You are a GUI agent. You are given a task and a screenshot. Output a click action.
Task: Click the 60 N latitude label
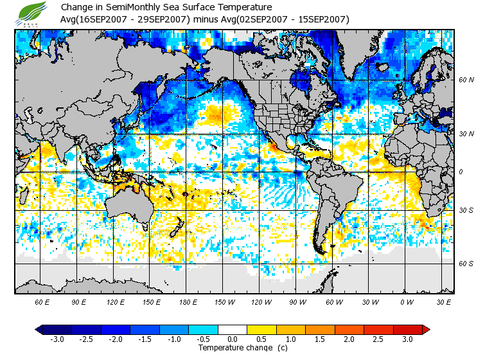pyautogui.click(x=466, y=80)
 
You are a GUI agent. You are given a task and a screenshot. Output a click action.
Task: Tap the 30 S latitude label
pyautogui.click(x=466, y=211)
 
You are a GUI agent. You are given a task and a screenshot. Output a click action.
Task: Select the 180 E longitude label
pyautogui.click(x=188, y=301)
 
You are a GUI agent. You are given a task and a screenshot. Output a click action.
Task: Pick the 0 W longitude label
pyautogui.click(x=406, y=301)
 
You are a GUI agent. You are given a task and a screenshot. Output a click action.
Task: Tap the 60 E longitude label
pyautogui.click(x=42, y=301)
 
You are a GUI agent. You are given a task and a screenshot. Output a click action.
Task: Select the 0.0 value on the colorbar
pyautogui.click(x=233, y=339)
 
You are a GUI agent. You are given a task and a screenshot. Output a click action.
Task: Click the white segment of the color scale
pyautogui.click(x=233, y=329)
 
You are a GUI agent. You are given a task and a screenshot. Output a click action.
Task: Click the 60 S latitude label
pyautogui.click(x=466, y=263)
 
